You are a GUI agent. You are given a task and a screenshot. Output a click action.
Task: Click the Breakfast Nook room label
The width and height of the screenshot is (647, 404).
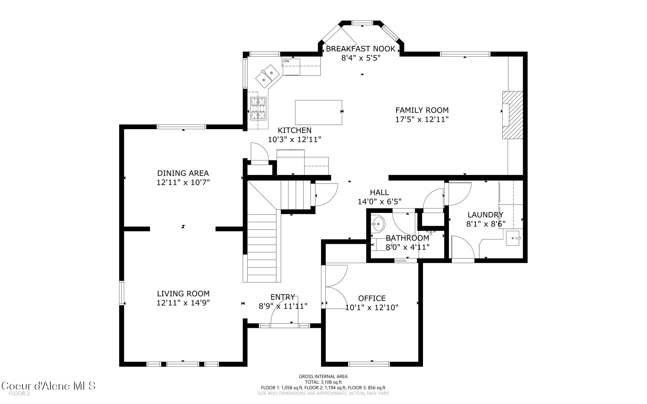point(360,49)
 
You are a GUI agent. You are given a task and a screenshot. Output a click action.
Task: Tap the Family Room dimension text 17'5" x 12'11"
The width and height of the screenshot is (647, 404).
point(422,119)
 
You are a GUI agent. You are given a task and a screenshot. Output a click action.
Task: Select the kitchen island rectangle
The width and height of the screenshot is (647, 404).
point(318,112)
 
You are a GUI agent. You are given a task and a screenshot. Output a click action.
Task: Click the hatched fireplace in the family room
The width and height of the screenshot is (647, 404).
point(512,115)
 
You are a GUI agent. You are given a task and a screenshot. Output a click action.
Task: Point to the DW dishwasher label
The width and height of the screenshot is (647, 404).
point(287,61)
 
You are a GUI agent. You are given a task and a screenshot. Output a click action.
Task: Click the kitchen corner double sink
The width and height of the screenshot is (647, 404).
point(268,76)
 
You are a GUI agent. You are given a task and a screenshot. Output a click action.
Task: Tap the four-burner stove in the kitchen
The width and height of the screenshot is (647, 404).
point(258,109)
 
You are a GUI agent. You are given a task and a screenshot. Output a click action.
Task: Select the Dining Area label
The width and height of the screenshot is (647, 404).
point(183,173)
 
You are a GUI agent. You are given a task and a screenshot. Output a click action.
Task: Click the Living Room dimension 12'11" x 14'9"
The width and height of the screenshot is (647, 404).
point(183,303)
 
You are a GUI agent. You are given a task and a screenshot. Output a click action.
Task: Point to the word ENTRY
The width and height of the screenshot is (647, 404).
point(283,297)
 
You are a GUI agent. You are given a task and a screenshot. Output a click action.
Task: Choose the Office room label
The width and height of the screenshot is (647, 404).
point(372,298)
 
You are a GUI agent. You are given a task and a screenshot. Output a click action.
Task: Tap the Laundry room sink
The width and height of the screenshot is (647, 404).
point(513,238)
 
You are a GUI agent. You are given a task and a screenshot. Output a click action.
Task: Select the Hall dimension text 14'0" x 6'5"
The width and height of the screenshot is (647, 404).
point(379,202)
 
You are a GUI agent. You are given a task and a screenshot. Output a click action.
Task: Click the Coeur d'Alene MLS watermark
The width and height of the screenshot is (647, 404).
point(48,386)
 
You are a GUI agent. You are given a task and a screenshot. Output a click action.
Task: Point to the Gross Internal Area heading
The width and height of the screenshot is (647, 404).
point(323,377)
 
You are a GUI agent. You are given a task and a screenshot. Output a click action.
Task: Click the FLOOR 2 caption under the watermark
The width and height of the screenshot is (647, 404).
point(19,394)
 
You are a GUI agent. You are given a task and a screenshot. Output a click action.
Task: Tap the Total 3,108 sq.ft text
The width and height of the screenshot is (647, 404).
point(323,382)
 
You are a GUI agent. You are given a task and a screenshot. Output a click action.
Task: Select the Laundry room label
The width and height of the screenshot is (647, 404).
point(485,215)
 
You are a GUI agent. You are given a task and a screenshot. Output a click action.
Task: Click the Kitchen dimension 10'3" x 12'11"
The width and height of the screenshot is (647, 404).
point(294,139)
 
